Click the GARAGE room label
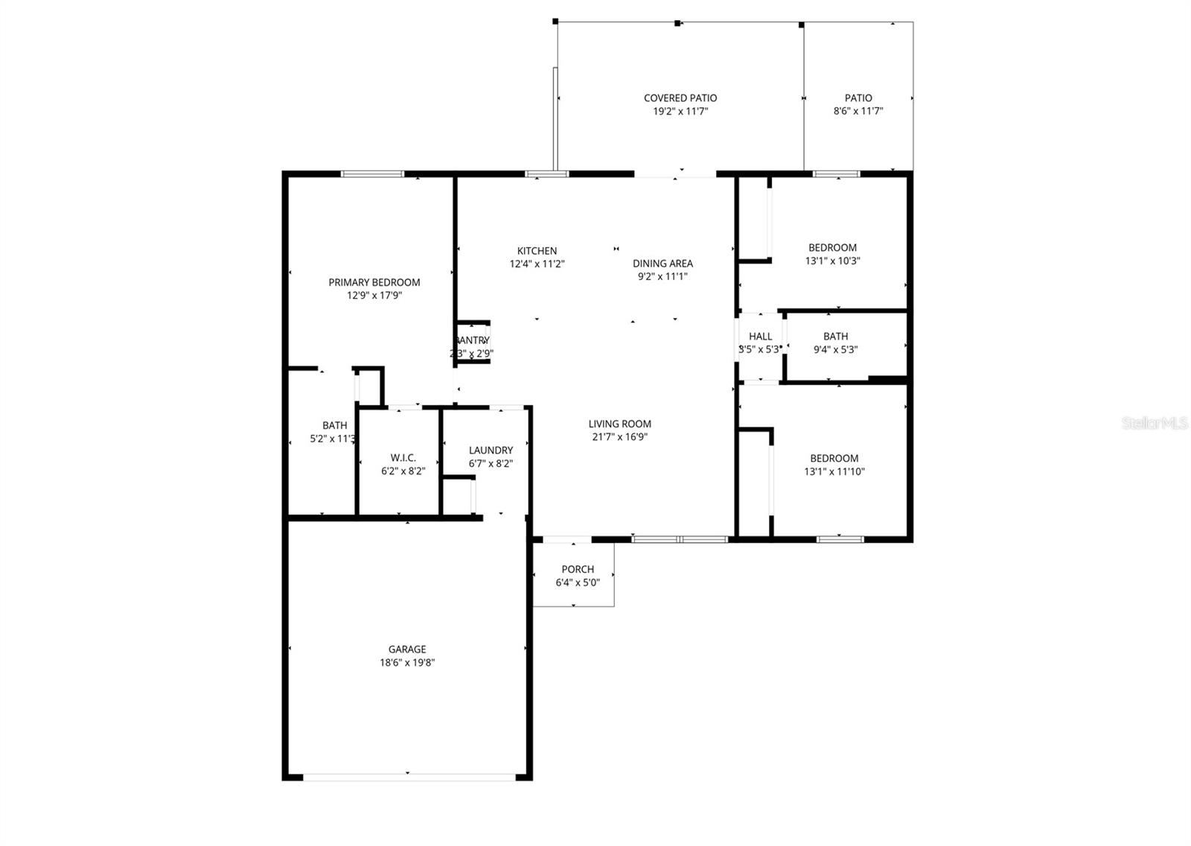(406, 649)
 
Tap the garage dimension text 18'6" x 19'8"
(406, 663)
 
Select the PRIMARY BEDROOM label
(374, 282)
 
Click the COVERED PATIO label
(680, 98)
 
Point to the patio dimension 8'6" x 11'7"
(858, 112)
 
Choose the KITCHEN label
(537, 251)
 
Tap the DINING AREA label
(662, 264)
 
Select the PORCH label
(578, 570)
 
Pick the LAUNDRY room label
(491, 451)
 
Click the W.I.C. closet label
(403, 458)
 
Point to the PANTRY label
(472, 340)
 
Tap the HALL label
(760, 337)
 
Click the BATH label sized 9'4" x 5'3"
(835, 337)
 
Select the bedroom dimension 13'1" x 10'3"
(833, 261)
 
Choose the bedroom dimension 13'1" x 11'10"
(834, 472)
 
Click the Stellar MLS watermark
(1155, 423)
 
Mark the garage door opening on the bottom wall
(408, 777)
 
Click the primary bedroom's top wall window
(372, 174)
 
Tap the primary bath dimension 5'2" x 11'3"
(333, 439)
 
